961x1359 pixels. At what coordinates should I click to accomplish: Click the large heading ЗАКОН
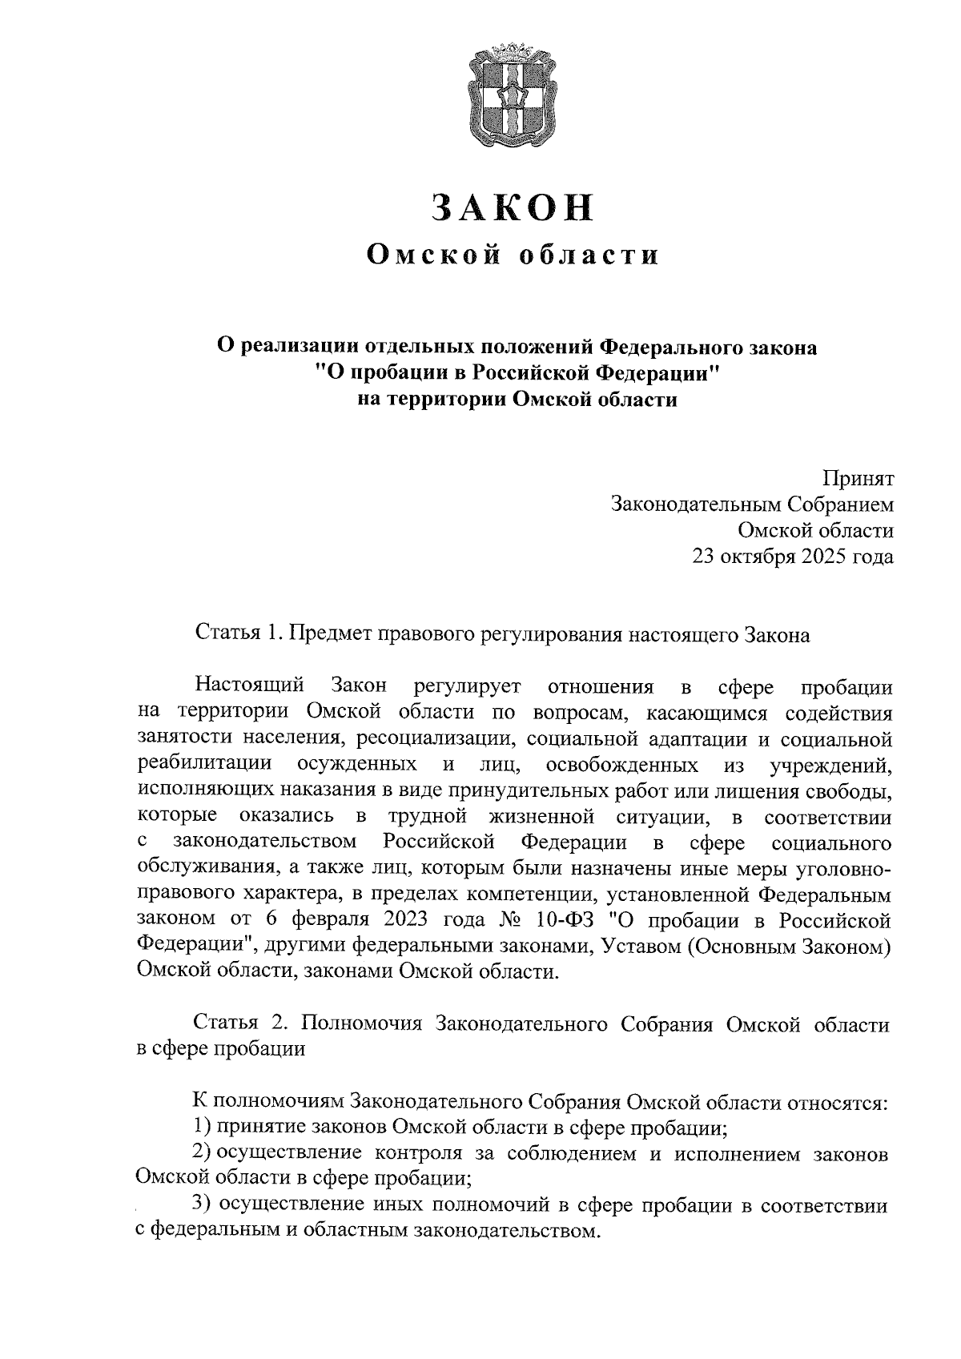513,207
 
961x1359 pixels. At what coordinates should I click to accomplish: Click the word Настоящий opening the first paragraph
249,686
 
